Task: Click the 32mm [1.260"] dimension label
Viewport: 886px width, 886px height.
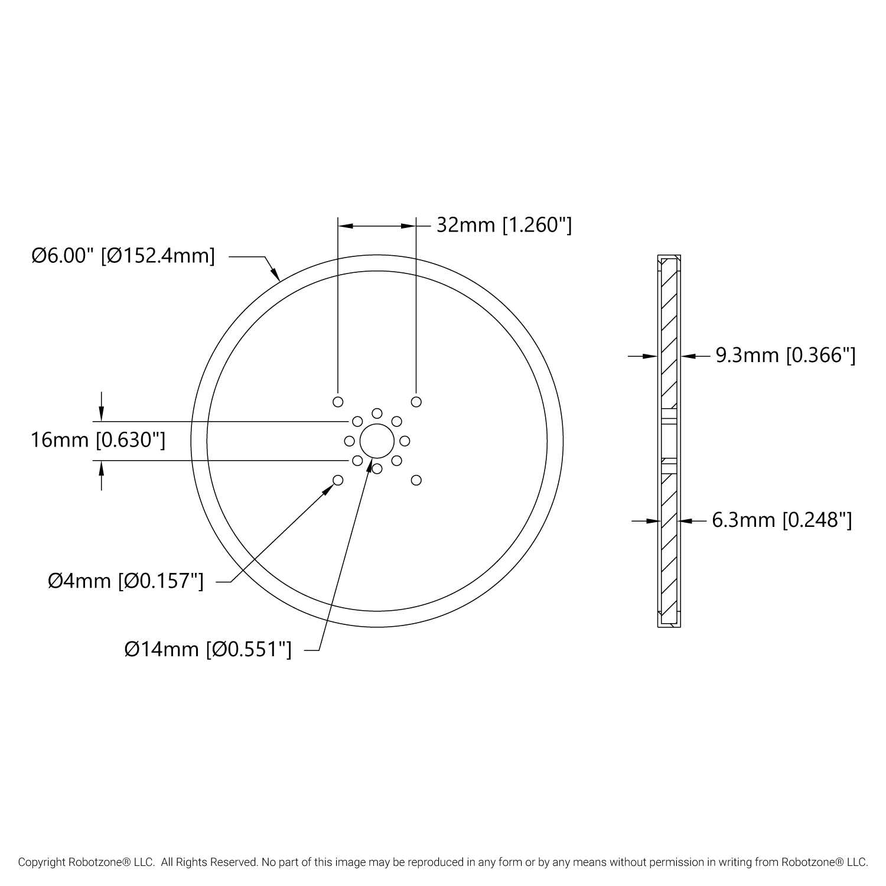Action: click(x=504, y=225)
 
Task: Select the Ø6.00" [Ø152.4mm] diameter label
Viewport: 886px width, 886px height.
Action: click(x=123, y=256)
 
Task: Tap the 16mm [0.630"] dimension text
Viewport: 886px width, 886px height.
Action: click(x=98, y=441)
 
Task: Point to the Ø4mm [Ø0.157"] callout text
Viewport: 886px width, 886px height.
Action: click(x=126, y=581)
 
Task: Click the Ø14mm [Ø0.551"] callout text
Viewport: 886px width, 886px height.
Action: click(x=208, y=650)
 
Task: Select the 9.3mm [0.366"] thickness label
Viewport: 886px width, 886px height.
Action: click(x=786, y=356)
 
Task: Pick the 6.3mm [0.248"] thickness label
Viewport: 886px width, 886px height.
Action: click(x=782, y=520)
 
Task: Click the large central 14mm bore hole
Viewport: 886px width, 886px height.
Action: click(x=377, y=441)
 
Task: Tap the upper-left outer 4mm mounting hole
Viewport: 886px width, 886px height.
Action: click(x=338, y=402)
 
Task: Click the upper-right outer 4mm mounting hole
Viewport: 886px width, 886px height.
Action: click(x=416, y=402)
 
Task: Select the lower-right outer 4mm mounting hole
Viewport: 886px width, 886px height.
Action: click(x=416, y=480)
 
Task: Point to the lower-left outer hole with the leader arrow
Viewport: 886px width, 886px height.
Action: click(x=338, y=480)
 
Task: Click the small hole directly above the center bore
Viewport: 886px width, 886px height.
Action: click(x=377, y=413)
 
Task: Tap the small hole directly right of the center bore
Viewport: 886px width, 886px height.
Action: click(x=405, y=441)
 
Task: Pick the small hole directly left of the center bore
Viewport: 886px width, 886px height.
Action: click(x=349, y=441)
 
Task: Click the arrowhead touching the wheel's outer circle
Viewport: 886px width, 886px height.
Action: click(x=275, y=273)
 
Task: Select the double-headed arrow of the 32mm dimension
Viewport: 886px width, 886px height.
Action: click(x=377, y=226)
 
